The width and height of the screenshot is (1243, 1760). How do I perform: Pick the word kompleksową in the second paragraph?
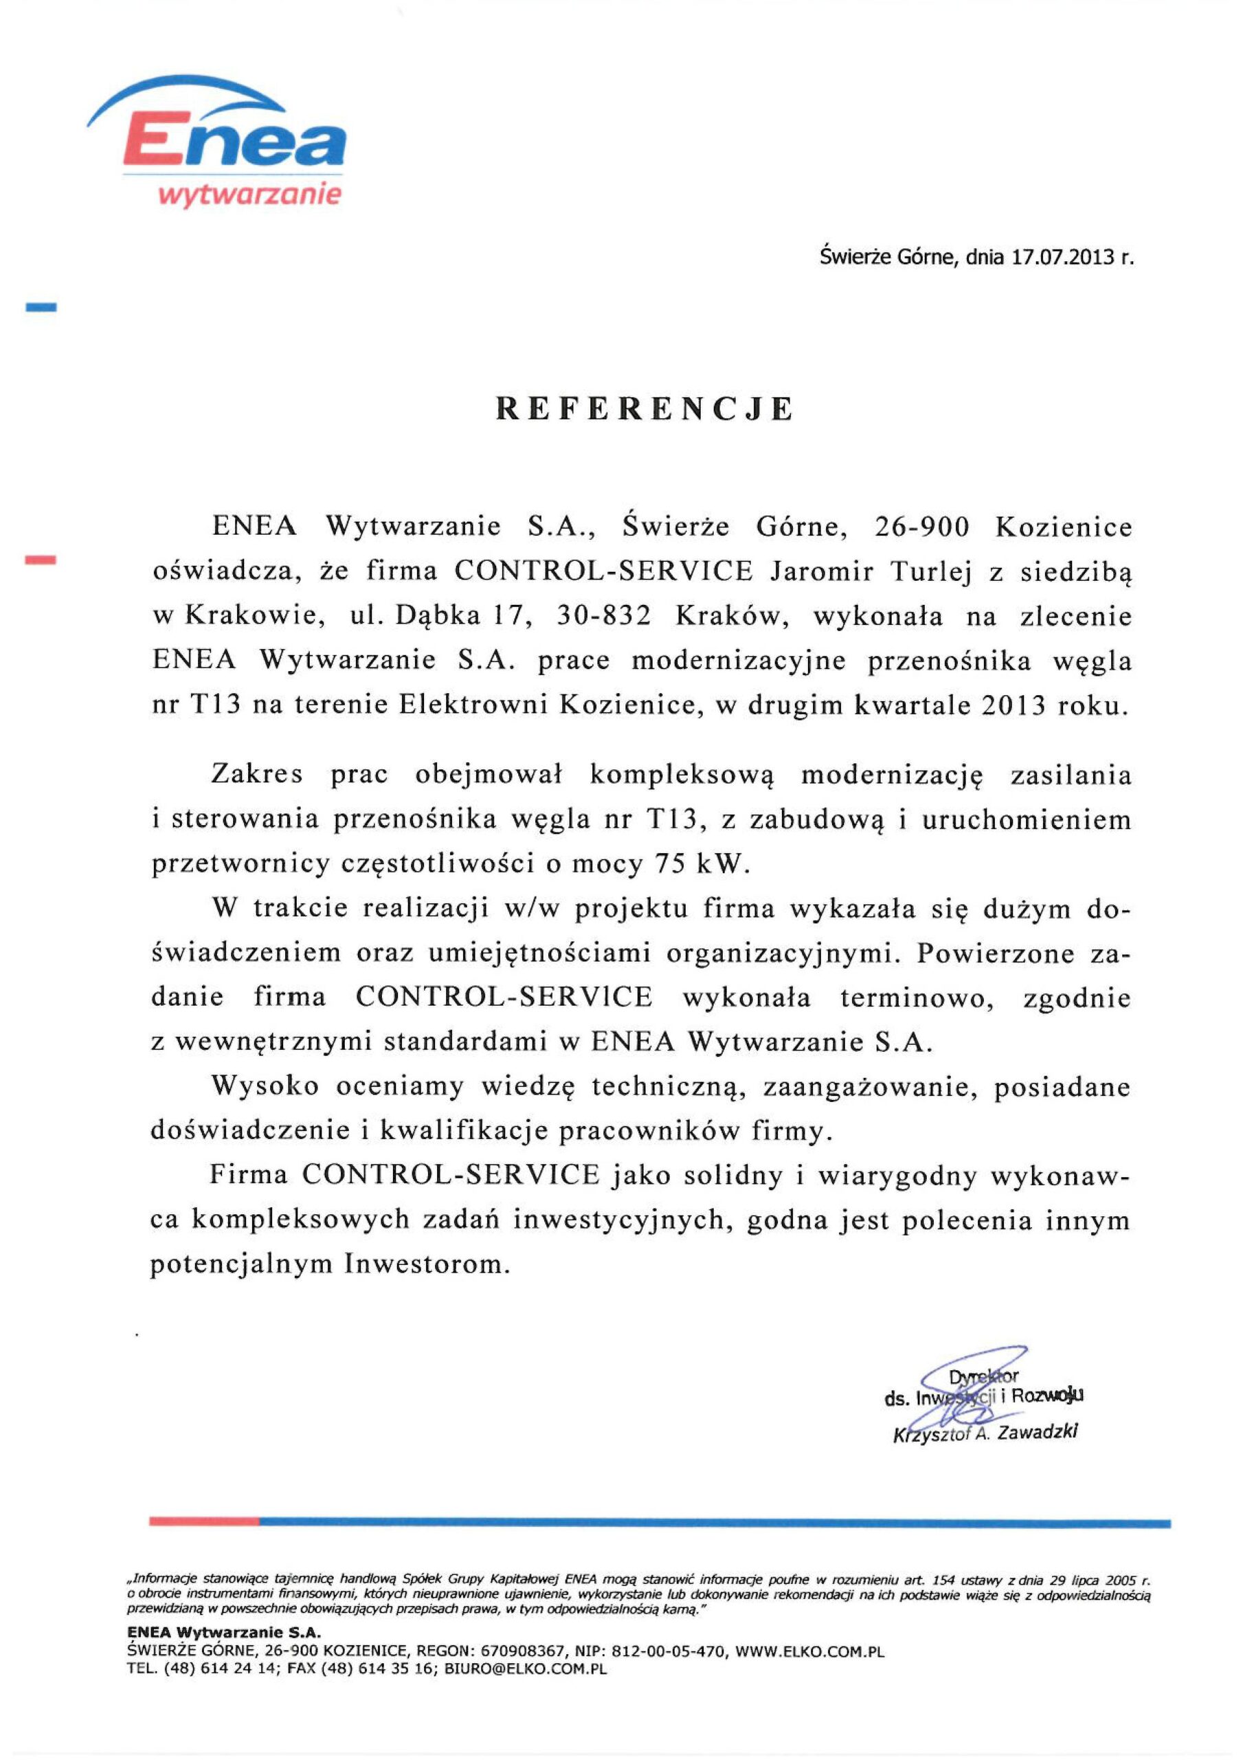(x=682, y=775)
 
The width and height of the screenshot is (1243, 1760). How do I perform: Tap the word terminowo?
(x=917, y=998)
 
